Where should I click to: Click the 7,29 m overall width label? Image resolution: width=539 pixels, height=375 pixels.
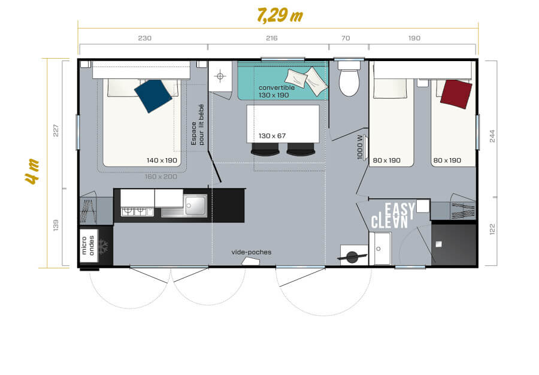click(279, 14)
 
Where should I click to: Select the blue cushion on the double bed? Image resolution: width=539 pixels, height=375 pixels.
click(153, 95)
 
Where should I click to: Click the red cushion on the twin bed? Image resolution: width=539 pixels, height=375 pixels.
click(456, 93)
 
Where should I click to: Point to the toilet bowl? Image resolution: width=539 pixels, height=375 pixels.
click(349, 82)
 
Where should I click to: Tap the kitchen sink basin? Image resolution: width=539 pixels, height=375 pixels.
click(195, 206)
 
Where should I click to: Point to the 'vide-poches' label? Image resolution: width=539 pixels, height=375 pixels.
click(251, 252)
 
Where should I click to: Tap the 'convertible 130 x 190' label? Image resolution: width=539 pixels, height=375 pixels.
click(276, 91)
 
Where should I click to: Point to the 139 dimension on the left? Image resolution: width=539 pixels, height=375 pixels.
click(56, 225)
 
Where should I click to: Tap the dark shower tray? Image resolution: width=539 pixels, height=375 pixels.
click(453, 244)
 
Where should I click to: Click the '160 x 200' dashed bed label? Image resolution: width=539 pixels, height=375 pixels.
click(161, 176)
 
